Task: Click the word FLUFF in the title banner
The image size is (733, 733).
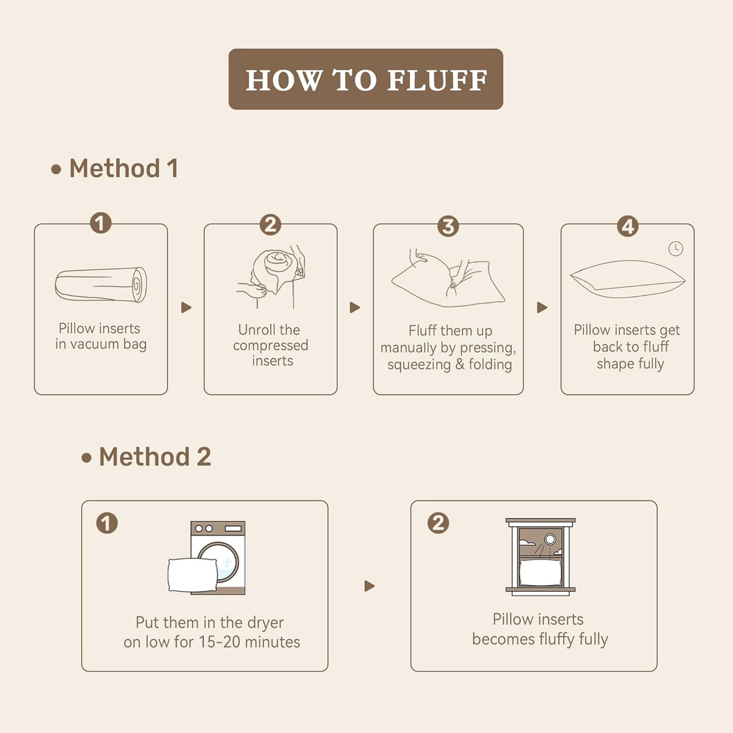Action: tap(437, 80)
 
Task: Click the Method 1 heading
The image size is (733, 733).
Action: tap(123, 168)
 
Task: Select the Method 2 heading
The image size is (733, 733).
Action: tap(155, 456)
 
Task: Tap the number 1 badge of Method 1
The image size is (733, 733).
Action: tap(101, 223)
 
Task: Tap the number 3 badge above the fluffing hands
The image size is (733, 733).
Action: tap(448, 227)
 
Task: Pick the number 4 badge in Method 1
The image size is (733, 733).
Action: tap(628, 227)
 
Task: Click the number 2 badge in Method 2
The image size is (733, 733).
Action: tap(438, 523)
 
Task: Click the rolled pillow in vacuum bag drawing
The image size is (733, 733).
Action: tap(101, 285)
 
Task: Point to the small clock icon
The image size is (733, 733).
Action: tap(676, 249)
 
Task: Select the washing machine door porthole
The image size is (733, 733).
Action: tap(221, 562)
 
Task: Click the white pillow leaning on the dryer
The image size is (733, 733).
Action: tap(193, 575)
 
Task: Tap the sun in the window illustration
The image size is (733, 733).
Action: tap(550, 539)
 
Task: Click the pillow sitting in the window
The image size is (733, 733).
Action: tap(540, 572)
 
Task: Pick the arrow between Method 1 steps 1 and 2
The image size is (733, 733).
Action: tap(186, 307)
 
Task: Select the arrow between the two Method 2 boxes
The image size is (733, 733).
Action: tap(370, 586)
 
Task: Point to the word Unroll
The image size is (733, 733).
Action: tap(252, 330)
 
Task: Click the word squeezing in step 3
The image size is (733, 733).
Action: tap(419, 365)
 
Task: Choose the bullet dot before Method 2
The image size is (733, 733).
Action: tap(86, 458)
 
